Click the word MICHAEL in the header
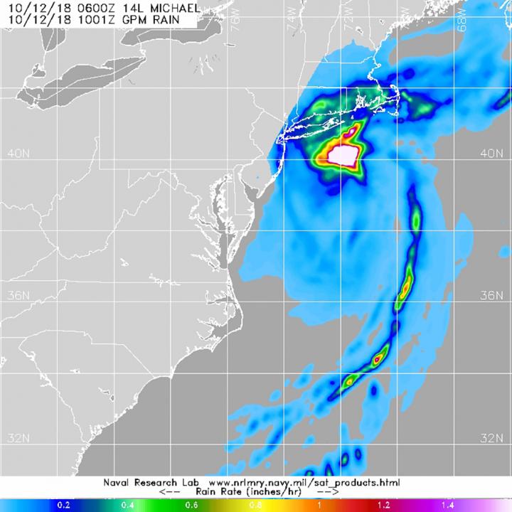coord(158,7)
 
